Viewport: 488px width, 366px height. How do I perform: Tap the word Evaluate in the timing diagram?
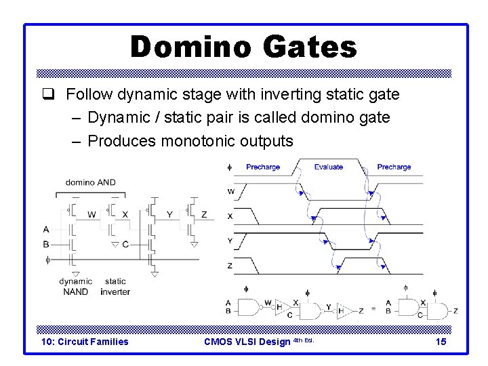click(329, 167)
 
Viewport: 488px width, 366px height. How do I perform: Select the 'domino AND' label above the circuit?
click(91, 182)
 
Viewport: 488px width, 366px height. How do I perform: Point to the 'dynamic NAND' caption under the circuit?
click(76, 286)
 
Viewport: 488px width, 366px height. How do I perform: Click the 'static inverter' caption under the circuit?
click(115, 286)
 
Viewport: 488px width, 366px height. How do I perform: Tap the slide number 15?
click(441, 342)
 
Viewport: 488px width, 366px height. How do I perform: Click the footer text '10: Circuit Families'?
click(85, 342)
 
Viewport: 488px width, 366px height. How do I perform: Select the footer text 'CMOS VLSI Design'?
click(247, 342)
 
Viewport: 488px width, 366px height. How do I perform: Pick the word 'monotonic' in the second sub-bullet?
click(199, 141)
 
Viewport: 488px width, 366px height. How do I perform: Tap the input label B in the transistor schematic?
click(45, 244)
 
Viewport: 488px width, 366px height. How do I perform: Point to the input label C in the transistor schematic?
click(125, 244)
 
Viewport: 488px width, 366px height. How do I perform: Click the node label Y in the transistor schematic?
click(169, 215)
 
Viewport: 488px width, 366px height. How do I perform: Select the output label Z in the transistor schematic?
click(204, 215)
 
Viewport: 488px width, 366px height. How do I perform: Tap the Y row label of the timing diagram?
click(230, 241)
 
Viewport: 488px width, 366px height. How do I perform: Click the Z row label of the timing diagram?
click(230, 266)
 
